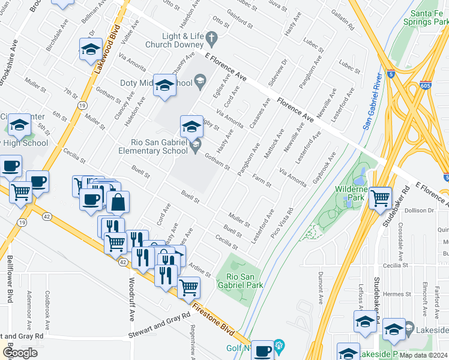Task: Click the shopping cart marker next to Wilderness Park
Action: coord(380,197)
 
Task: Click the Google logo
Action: coord(20,353)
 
